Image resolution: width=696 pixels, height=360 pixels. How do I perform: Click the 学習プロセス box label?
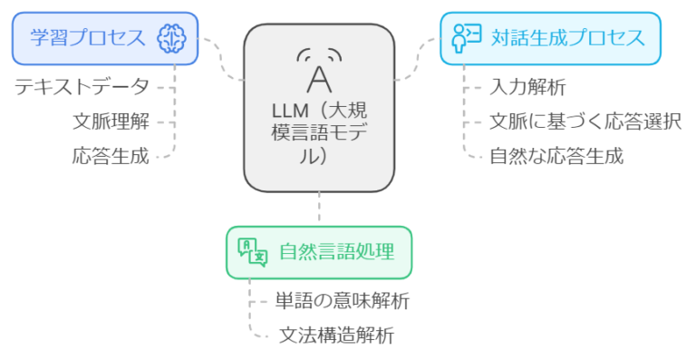(x=88, y=38)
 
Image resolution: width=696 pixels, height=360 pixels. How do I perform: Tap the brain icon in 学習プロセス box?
(x=171, y=38)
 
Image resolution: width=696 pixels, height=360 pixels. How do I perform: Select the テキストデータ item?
(x=82, y=88)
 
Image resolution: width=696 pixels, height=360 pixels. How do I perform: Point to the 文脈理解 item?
(x=111, y=122)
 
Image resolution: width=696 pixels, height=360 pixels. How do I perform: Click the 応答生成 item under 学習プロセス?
(x=111, y=155)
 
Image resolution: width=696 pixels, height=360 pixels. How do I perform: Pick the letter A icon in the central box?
(x=318, y=76)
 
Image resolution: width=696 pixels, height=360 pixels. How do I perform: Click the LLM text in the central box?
(x=291, y=112)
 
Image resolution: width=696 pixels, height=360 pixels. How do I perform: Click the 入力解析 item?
(x=527, y=88)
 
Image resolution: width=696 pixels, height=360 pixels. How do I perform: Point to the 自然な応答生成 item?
(x=556, y=155)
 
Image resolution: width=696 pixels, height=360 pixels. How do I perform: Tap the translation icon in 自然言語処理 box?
(x=252, y=251)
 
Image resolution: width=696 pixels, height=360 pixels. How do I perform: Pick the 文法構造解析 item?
(x=334, y=335)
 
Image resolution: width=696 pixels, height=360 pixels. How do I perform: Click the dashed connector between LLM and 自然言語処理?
(x=319, y=209)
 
